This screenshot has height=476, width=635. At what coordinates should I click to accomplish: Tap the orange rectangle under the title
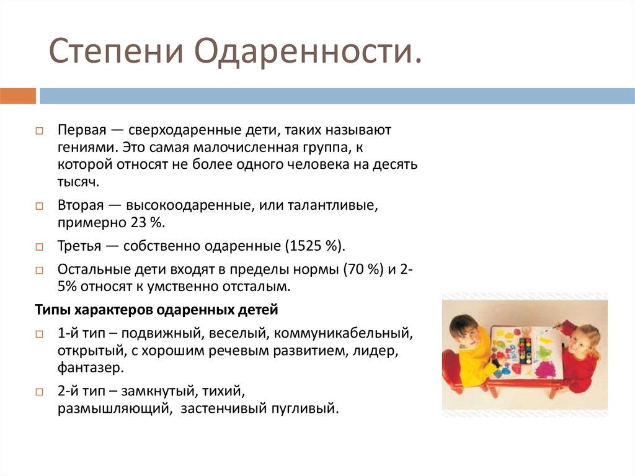pyautogui.click(x=18, y=96)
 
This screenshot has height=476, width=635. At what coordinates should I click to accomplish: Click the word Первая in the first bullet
pyautogui.click(x=79, y=132)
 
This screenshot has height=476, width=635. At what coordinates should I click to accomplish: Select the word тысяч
pyautogui.click(x=78, y=182)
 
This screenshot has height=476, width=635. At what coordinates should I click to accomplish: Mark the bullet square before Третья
pyautogui.click(x=38, y=247)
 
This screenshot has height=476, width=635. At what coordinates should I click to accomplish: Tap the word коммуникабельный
pyautogui.click(x=340, y=333)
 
